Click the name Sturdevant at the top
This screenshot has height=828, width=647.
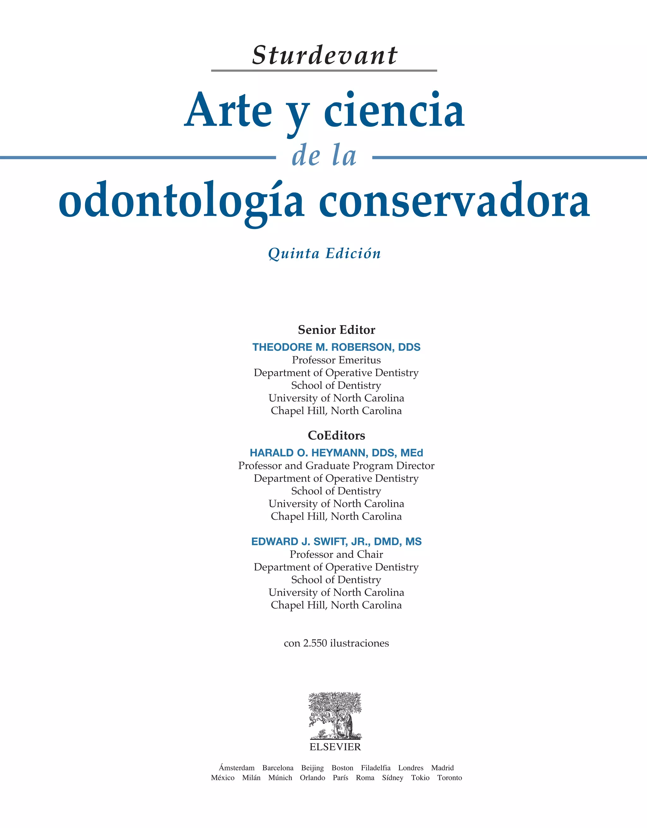coord(324,55)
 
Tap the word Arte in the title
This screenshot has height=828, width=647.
coord(228,111)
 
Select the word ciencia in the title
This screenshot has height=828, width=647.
coord(394,111)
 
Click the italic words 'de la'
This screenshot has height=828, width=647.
coord(324,156)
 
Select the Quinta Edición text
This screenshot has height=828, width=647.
coord(324,253)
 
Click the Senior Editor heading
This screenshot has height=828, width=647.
coord(336,330)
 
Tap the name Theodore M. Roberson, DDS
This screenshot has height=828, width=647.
coord(336,347)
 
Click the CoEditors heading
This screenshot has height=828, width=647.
coord(336,435)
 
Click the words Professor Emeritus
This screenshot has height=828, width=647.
coord(336,360)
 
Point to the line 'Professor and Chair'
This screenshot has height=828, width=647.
coord(336,554)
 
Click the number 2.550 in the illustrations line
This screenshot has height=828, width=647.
coord(314,643)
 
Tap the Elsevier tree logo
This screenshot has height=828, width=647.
coord(335,716)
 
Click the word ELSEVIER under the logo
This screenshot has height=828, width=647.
coord(335,747)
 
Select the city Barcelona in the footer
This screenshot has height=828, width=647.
coord(278,768)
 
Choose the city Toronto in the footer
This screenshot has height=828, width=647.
coord(450,777)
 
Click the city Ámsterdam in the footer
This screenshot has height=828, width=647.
coord(237,768)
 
